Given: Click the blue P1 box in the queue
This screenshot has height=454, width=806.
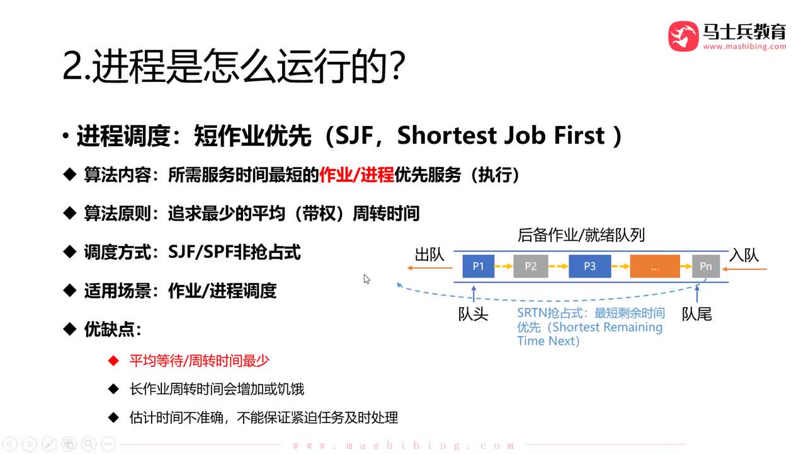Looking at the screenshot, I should click(x=479, y=266).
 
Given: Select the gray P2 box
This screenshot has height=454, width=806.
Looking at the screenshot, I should click(x=531, y=266).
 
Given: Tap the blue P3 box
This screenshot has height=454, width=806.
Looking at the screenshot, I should click(x=589, y=266).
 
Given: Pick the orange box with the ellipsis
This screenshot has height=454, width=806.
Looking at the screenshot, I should click(x=655, y=266).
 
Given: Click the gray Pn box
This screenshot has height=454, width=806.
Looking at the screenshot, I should click(x=705, y=266).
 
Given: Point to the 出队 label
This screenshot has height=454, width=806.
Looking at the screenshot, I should click(x=429, y=255).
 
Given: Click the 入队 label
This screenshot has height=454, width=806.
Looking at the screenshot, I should click(x=744, y=255).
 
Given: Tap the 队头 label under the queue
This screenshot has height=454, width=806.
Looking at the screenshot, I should click(x=473, y=313).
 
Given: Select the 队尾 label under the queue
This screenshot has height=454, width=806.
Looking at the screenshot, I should click(x=697, y=313).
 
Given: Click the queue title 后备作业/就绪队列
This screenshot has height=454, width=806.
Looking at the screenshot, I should click(x=581, y=235).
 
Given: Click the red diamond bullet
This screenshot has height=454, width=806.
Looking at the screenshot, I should click(x=113, y=361).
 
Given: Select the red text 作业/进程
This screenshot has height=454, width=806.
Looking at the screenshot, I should click(x=356, y=175).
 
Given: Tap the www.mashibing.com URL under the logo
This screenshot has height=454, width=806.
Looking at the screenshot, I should click(x=744, y=47).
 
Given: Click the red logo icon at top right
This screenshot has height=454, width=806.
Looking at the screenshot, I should click(x=683, y=36).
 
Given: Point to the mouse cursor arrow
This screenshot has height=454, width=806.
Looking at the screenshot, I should click(x=366, y=279).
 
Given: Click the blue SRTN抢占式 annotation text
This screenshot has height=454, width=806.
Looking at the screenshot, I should click(x=590, y=327).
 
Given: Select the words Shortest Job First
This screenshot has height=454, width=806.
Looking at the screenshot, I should click(x=501, y=136).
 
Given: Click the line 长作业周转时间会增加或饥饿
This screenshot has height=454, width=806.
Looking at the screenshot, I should click(x=217, y=389).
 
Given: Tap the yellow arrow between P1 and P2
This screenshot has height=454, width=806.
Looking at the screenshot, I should click(x=504, y=266).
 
